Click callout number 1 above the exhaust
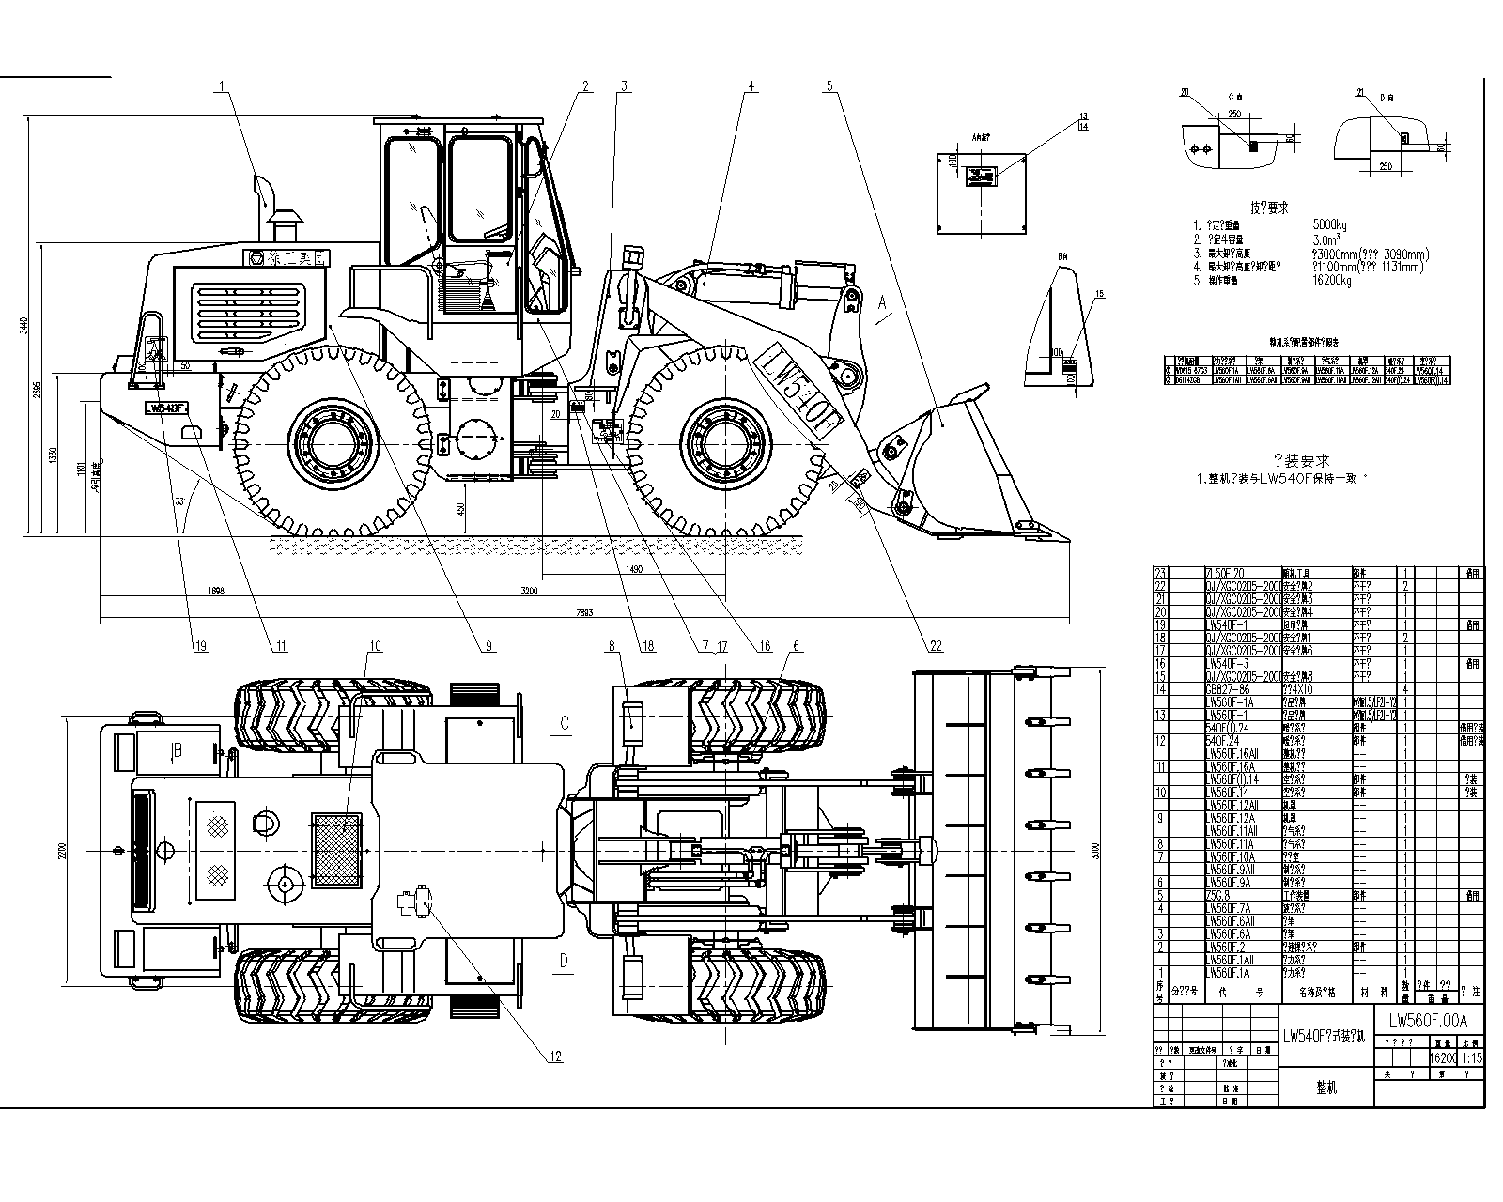pyautogui.click(x=223, y=86)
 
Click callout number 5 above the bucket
pyautogui.click(x=829, y=86)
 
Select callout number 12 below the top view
pyautogui.click(x=555, y=1056)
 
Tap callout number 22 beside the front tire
pyautogui.click(x=936, y=646)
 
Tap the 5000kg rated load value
pyautogui.click(x=1329, y=225)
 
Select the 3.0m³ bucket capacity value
pyautogui.click(x=1325, y=239)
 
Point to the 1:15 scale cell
pyautogui.click(x=1471, y=1056)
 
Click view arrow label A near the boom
pyautogui.click(x=881, y=303)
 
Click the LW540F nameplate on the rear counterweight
pyautogui.click(x=167, y=408)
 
